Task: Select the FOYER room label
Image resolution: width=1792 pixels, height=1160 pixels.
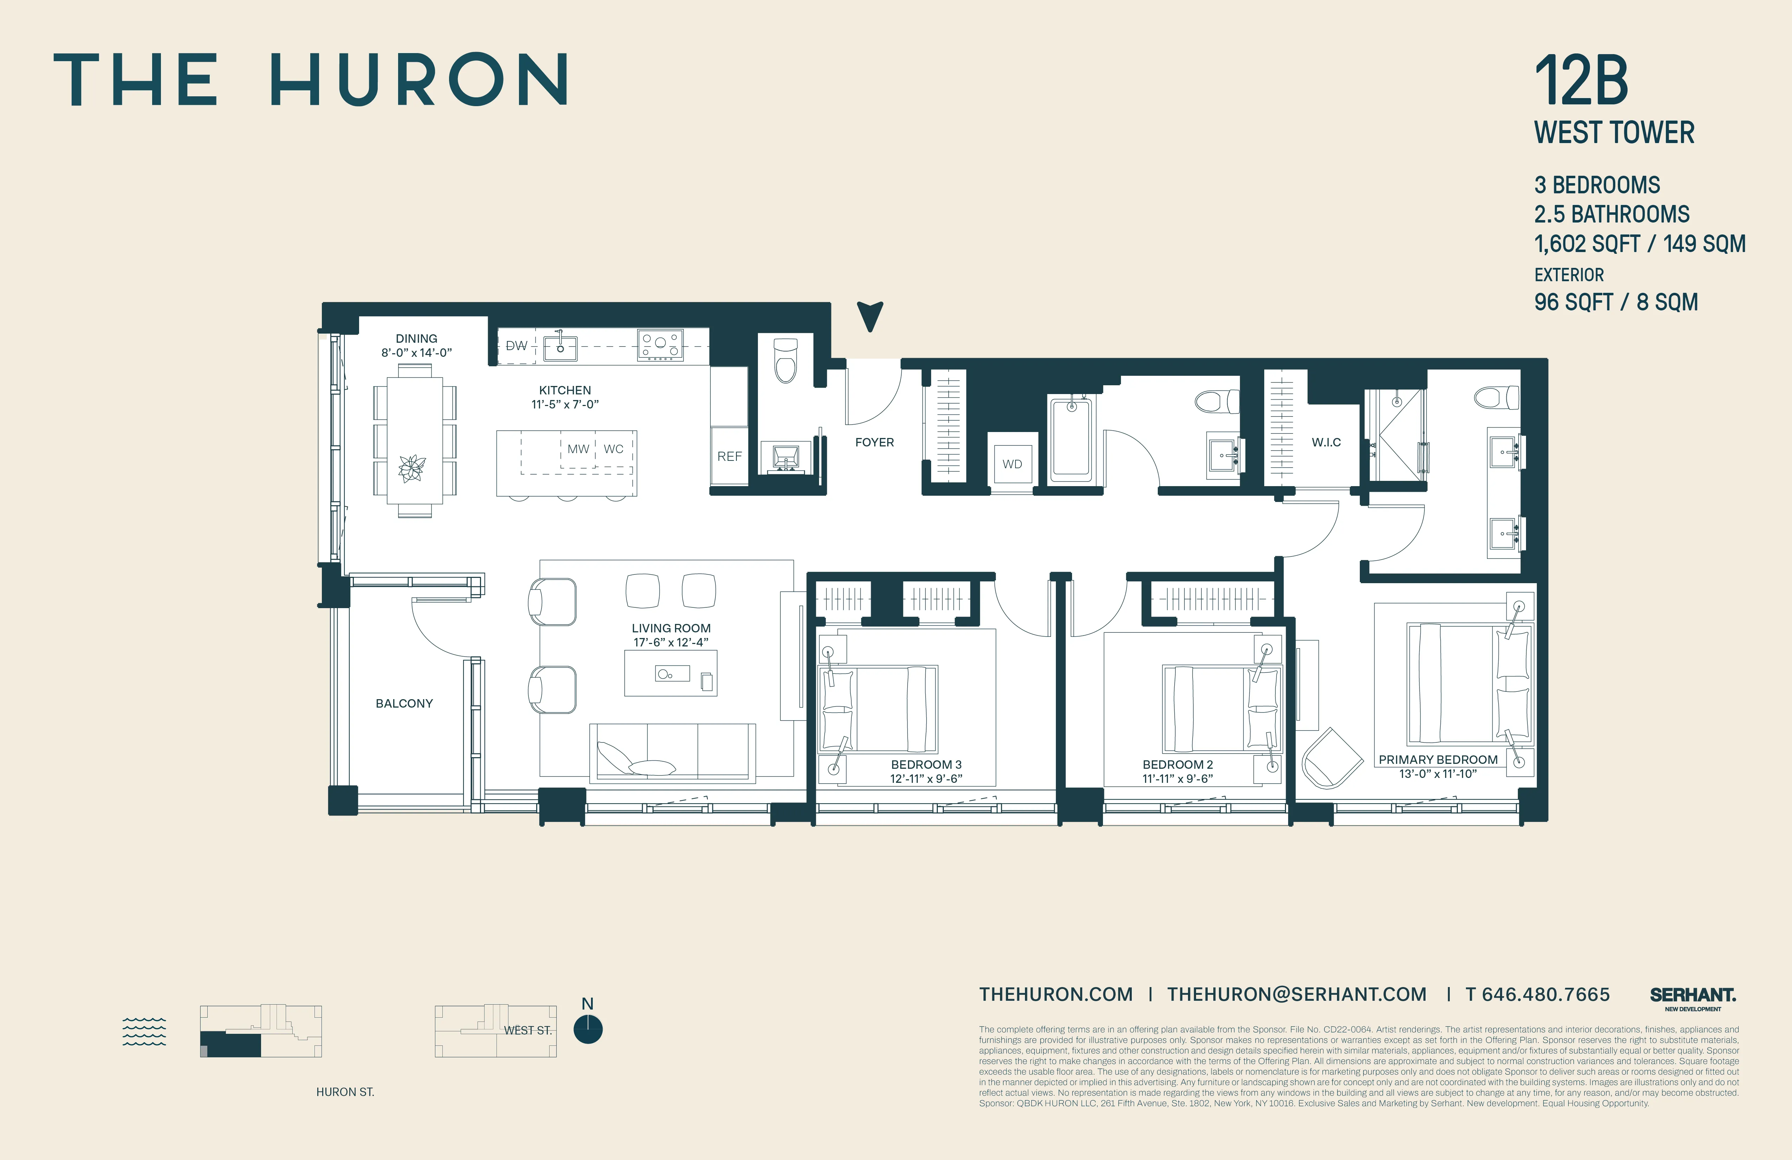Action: [874, 442]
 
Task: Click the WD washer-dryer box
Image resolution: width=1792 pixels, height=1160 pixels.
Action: [1012, 463]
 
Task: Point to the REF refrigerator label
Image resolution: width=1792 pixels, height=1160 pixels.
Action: [729, 457]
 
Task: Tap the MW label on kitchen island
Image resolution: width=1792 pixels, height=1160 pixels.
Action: [578, 449]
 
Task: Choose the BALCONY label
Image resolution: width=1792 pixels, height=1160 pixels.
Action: [404, 703]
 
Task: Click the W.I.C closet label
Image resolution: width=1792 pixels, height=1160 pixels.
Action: [1326, 442]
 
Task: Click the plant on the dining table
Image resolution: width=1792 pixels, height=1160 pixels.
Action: [412, 468]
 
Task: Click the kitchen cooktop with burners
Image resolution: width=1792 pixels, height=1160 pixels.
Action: [660, 345]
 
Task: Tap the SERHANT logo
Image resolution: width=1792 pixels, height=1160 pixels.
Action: [1693, 996]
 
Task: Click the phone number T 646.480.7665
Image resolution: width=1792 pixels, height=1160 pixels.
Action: [1538, 994]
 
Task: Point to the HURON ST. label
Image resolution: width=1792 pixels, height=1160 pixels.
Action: [345, 1091]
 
